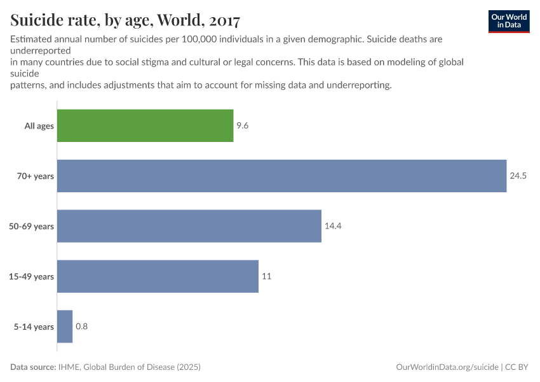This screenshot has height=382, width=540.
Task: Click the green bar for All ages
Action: coord(145,125)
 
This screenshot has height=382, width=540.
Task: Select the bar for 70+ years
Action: coord(281,176)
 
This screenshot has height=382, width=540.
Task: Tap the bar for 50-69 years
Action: coord(189,226)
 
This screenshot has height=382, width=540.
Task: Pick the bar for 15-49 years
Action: coord(158,276)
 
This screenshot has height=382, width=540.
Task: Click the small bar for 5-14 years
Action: coord(65,327)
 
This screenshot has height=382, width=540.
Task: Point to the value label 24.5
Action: coord(518,176)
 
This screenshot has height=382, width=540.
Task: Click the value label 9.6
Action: coord(242,125)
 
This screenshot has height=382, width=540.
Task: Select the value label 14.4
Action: coord(333,226)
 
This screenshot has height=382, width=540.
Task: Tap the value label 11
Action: coord(267,276)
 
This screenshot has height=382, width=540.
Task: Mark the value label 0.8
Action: coord(81,327)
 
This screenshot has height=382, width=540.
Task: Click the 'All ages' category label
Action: coord(39,126)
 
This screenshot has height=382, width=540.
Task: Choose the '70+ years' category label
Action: coord(36,176)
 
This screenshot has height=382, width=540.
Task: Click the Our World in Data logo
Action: coord(508,21)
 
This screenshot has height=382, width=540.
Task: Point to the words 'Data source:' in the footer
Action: coord(34,367)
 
